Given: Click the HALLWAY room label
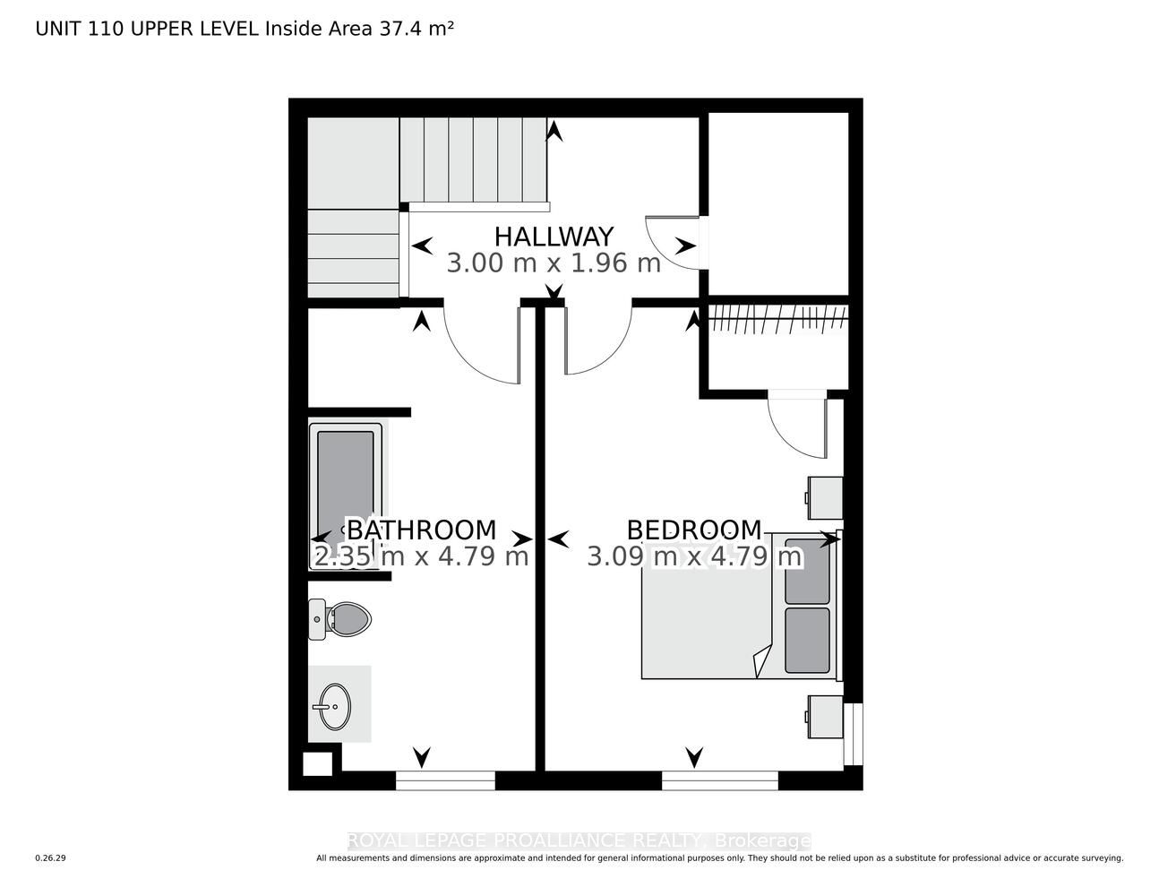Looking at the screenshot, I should click(554, 237).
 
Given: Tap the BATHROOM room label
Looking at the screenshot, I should click(421, 530).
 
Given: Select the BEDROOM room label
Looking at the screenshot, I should click(694, 530).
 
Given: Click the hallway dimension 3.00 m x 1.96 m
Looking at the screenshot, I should click(554, 263).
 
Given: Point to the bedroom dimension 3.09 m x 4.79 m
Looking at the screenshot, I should click(694, 557).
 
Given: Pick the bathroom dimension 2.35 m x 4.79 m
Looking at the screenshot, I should click(421, 557).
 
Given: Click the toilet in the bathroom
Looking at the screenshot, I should click(340, 618).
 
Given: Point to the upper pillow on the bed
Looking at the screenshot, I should click(807, 571).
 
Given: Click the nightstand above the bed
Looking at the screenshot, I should click(824, 497).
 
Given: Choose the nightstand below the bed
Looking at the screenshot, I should click(824, 718).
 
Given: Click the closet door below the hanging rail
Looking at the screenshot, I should click(797, 426).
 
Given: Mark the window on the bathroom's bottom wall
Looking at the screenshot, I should click(445, 780).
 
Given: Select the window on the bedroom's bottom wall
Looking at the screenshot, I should click(719, 780).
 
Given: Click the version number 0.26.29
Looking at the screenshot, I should click(50, 858).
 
